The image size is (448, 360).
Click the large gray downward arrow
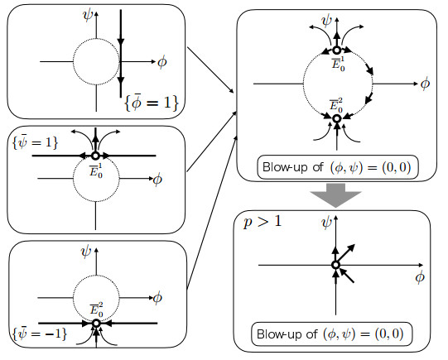(x=335, y=195)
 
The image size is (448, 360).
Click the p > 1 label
(x=263, y=222)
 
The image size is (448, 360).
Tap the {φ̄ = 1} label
(x=152, y=102)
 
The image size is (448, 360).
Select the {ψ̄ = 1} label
(x=35, y=142)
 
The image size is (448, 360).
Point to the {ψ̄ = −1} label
(x=40, y=334)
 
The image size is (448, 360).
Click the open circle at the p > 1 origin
(x=335, y=265)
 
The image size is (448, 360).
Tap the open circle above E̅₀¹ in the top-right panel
(x=336, y=50)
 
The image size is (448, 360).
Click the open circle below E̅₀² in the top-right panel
(x=337, y=118)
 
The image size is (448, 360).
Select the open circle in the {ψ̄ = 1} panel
(x=95, y=156)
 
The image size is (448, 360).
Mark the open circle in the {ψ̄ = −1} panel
(x=96, y=323)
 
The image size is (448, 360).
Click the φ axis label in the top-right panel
(x=425, y=84)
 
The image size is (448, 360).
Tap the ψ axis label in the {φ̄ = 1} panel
(x=88, y=15)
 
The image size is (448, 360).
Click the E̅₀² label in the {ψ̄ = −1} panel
(x=97, y=310)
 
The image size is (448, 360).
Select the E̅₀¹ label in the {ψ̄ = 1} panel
(x=96, y=171)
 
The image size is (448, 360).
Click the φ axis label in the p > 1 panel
(x=420, y=277)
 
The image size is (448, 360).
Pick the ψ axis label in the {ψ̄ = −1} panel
(x=86, y=252)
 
